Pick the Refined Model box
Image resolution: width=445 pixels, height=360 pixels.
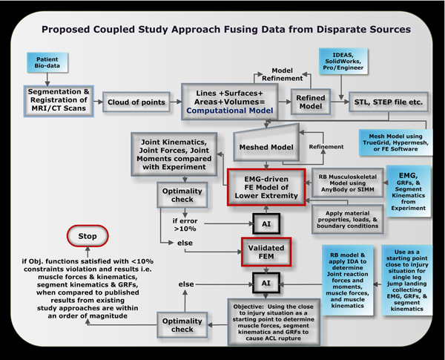[310, 101]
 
